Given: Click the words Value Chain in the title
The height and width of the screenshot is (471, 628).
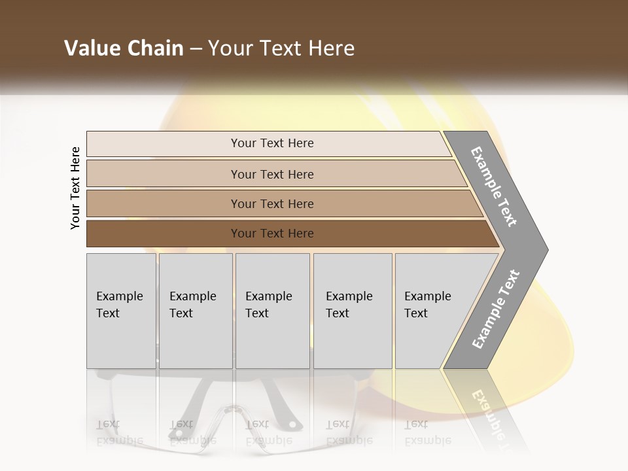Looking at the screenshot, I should [124, 48].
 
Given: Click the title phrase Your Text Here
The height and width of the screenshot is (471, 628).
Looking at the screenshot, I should [281, 48].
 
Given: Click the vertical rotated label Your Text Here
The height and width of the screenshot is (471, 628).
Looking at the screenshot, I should [75, 188].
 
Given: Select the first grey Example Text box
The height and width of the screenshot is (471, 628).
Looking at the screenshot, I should [121, 311].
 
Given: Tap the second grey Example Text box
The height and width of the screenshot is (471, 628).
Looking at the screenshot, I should [196, 311].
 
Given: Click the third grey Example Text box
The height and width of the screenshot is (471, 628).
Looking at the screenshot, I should [272, 311].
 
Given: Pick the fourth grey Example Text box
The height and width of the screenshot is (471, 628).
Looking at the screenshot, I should [353, 311].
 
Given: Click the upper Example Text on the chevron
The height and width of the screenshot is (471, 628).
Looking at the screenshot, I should [494, 186].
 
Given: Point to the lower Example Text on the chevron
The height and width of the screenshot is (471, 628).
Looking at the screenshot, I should [495, 309].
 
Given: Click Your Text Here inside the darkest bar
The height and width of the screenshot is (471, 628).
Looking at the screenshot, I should [272, 234].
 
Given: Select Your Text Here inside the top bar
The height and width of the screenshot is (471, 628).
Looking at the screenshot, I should [272, 143].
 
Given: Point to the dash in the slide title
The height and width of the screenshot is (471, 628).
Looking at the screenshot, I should [196, 49].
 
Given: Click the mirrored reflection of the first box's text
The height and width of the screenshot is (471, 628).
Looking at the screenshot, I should [120, 432].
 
